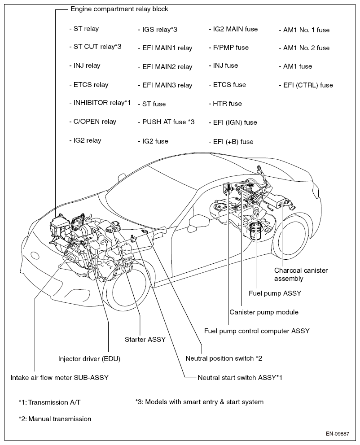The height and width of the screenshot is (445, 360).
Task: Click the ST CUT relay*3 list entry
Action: (95, 47)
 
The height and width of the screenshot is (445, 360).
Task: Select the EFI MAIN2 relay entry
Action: (165, 66)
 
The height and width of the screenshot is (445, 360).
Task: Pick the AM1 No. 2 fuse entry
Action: (304, 48)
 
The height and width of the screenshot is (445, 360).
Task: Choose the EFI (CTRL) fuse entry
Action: (305, 85)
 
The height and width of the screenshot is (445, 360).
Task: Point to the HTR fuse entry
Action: (225, 103)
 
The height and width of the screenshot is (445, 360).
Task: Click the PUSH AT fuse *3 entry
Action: (166, 122)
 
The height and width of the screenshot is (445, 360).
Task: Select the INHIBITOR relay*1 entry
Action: (100, 102)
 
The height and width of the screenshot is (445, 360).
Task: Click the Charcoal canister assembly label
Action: (301, 275)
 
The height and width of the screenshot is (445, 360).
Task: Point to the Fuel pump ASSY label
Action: (275, 293)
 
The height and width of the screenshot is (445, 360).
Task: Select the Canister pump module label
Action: (264, 312)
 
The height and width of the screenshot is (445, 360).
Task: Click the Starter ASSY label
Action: (145, 340)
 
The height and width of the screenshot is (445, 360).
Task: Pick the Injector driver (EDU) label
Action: (89, 359)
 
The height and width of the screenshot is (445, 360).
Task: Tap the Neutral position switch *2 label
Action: (224, 358)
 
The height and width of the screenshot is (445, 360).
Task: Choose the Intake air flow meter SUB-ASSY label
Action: (59, 377)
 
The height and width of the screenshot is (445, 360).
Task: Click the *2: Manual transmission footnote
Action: (55, 419)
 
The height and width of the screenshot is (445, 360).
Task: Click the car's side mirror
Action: (196, 221)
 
